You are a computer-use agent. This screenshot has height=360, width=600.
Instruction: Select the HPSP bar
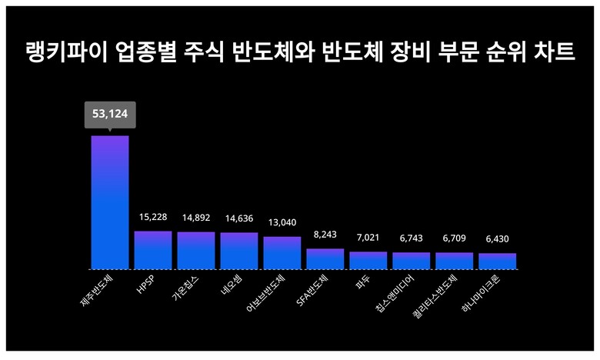point(153,250)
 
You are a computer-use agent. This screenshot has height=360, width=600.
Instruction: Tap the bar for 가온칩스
point(196,250)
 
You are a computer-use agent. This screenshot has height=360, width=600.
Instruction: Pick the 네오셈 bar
point(239,251)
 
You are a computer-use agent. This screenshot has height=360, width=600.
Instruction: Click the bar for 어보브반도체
point(282,253)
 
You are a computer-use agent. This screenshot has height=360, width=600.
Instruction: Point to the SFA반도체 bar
point(325,259)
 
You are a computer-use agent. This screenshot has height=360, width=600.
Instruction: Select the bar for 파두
point(368,261)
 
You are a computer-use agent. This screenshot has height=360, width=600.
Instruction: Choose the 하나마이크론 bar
point(497,262)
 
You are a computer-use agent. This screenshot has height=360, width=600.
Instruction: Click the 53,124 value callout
point(110,115)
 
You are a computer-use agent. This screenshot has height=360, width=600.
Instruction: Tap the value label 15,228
point(153,218)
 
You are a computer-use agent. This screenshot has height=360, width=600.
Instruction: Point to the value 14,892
point(196,218)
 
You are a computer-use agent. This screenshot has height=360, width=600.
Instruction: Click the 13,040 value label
point(282,223)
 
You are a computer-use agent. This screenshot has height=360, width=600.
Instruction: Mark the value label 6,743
point(411,238)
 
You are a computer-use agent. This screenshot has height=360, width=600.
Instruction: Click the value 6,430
point(497,239)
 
